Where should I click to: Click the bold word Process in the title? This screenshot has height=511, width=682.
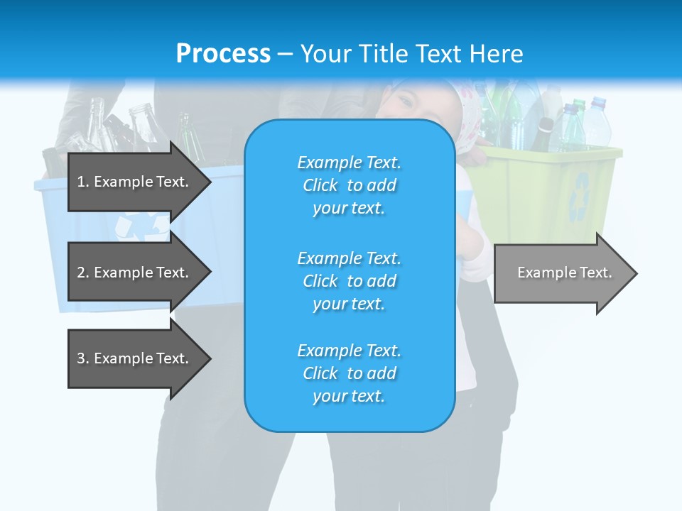pos(223,53)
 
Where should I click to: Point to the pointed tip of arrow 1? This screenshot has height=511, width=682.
pos(210,182)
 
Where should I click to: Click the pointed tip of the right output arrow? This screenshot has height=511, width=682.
pos(636,273)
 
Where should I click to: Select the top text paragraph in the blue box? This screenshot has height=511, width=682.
pos(349,185)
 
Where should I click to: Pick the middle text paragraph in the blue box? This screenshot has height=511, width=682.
pos(349,281)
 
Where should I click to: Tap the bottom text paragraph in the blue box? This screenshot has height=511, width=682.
pos(349,373)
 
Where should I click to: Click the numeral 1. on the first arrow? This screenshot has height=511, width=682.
pos(82,182)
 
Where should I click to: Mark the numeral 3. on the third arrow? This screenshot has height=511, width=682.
pos(83,358)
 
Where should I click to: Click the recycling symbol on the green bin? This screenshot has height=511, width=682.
pos(582,194)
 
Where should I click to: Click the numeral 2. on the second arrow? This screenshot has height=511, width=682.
pos(83,273)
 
